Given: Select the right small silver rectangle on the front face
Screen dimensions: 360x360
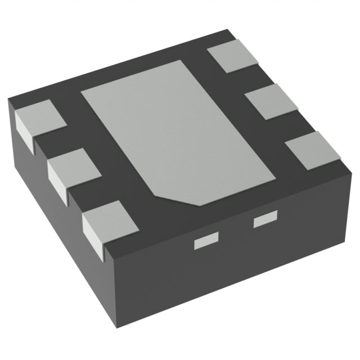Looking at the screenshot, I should coord(266,220).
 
